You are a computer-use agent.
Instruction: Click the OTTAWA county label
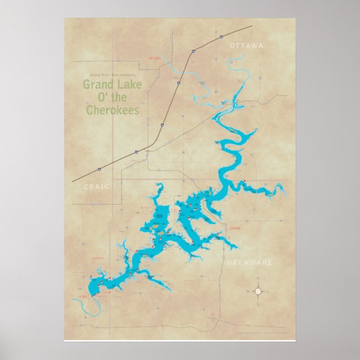(246, 46)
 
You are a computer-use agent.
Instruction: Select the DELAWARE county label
(249, 262)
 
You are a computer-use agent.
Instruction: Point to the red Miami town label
(154, 58)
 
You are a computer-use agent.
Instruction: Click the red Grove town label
(235, 228)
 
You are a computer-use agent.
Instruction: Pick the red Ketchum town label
(98, 258)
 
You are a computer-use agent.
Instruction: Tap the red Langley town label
(82, 296)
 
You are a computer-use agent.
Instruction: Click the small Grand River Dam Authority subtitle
(112, 75)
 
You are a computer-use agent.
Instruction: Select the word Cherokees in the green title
(112, 110)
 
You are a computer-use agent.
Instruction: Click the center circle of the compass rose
(258, 291)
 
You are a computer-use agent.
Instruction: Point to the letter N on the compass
(258, 278)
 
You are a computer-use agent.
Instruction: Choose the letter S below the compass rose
(258, 305)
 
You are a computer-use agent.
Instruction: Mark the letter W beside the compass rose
(247, 291)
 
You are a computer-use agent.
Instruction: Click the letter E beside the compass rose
(269, 291)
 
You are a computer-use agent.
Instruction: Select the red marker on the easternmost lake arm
(244, 181)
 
